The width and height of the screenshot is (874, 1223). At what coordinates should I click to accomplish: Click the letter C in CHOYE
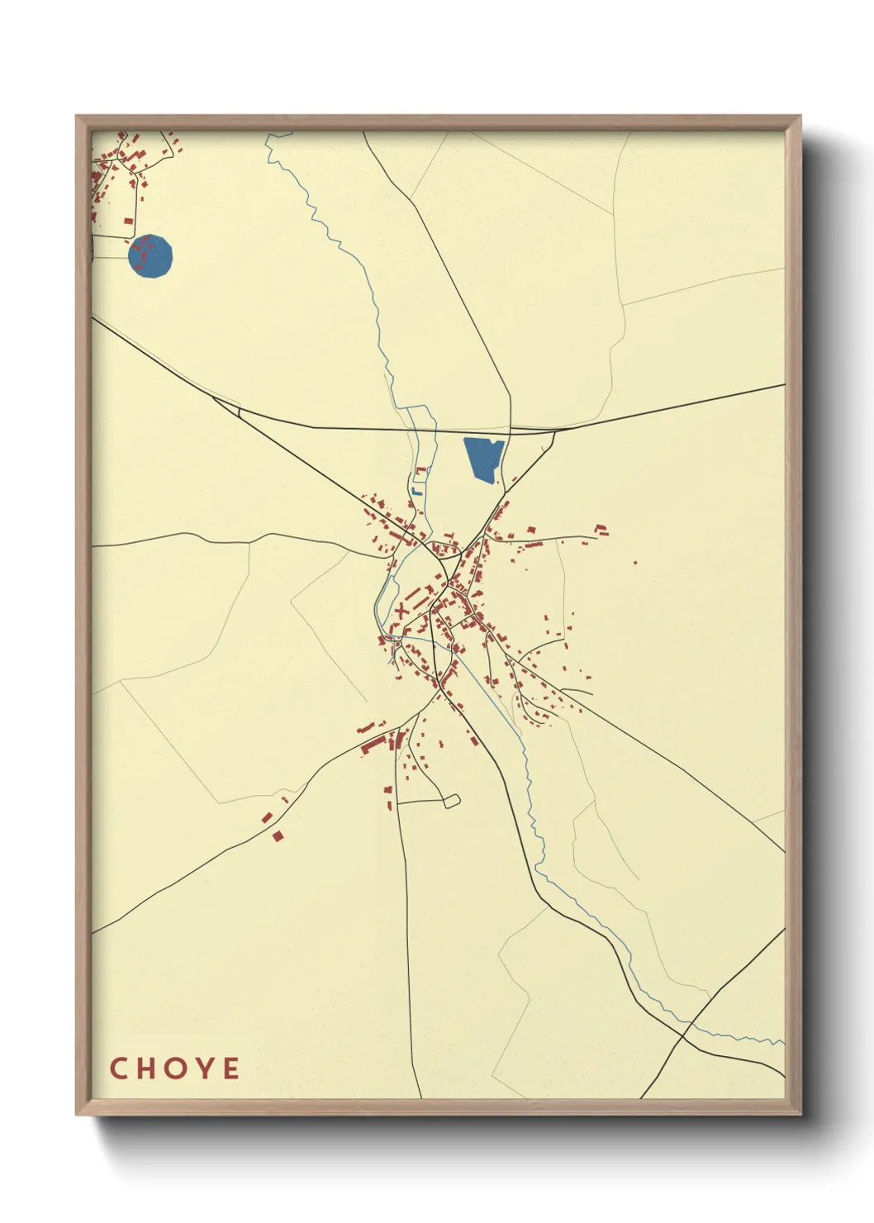click(118, 1068)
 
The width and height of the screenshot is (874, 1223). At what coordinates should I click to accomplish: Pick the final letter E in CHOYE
click(231, 1068)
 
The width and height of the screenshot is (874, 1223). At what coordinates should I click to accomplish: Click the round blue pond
click(151, 257)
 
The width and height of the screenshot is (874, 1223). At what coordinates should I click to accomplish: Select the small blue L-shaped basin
click(416, 492)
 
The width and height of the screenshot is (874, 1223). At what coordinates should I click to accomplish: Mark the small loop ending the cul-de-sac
click(451, 800)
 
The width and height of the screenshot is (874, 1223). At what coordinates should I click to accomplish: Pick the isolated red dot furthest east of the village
click(635, 563)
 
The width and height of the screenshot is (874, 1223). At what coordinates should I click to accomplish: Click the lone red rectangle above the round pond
click(128, 221)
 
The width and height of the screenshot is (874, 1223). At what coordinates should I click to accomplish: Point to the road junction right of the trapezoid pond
click(553, 431)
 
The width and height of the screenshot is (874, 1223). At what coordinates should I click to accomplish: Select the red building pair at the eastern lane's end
click(601, 527)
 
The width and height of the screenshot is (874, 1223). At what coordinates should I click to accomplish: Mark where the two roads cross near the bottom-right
click(685, 1029)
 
